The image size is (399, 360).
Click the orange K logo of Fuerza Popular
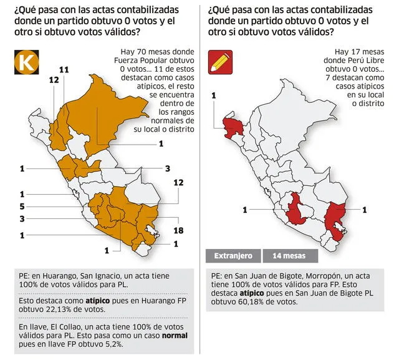click(26, 62)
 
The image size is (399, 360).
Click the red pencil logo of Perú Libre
click(220, 62)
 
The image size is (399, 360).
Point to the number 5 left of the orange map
click(22, 206)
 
